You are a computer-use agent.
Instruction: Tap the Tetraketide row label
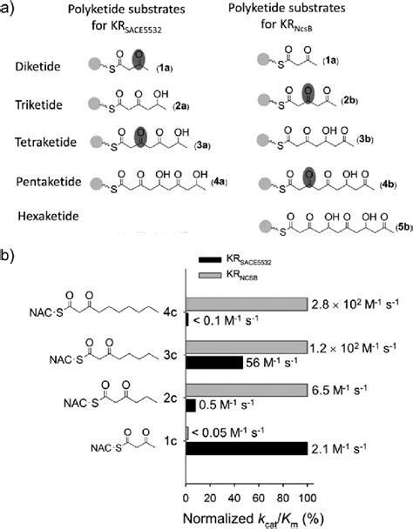(41, 140)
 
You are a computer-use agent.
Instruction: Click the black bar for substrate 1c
(247, 449)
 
